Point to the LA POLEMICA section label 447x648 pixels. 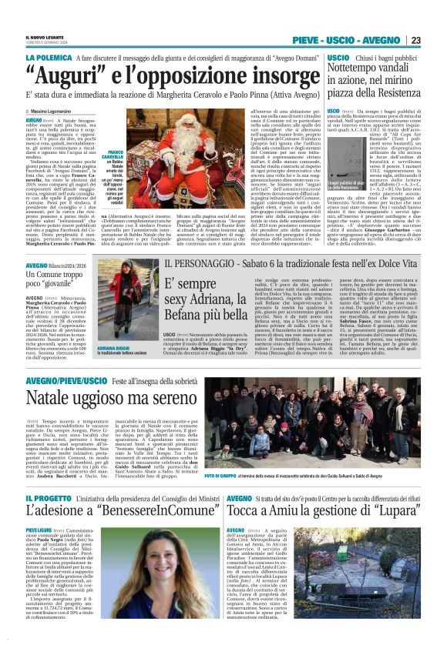46,58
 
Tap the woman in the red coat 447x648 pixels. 126,302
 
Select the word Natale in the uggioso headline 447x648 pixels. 52,399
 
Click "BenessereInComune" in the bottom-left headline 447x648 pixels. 144,514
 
